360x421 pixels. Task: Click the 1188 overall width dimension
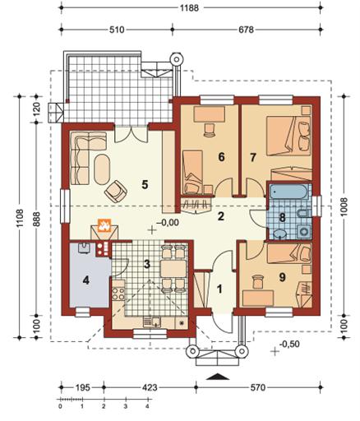coord(189,8)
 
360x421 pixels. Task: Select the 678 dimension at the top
coord(246,30)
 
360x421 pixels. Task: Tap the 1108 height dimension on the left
coord(20,218)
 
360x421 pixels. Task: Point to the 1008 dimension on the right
coord(344,206)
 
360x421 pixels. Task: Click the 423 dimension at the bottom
coord(150,387)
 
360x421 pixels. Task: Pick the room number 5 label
coord(145,184)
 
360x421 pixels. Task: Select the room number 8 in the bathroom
coord(282,218)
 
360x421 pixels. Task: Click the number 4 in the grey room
coord(86,280)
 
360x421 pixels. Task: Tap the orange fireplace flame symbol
coord(104,225)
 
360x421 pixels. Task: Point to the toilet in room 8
coord(303,214)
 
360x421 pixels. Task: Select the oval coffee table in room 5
coord(102,169)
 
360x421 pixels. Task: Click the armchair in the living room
coord(116,191)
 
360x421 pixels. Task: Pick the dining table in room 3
coord(173,269)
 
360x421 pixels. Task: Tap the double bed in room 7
coord(288,136)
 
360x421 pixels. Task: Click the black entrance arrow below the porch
coord(218,377)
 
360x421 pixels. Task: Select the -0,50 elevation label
coord(289,344)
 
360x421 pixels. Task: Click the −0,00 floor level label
coord(168,222)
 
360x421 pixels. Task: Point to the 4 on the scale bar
coord(147,406)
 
